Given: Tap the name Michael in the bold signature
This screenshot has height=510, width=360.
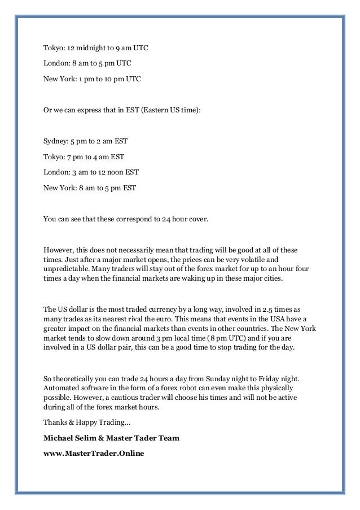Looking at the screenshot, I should [59, 438].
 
